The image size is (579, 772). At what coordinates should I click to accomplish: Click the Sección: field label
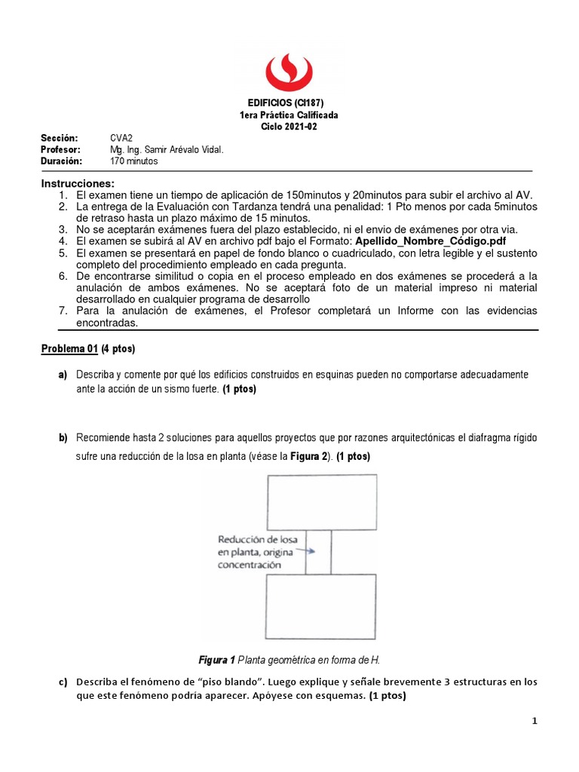tap(60, 139)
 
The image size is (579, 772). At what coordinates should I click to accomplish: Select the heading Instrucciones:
tap(78, 183)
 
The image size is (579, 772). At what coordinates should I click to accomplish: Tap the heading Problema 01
tap(70, 348)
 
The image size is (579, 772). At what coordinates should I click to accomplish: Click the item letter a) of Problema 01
tap(62, 375)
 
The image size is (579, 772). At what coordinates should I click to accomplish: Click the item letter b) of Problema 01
tap(62, 438)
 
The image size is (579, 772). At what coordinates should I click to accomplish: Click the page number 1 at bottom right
tap(535, 721)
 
